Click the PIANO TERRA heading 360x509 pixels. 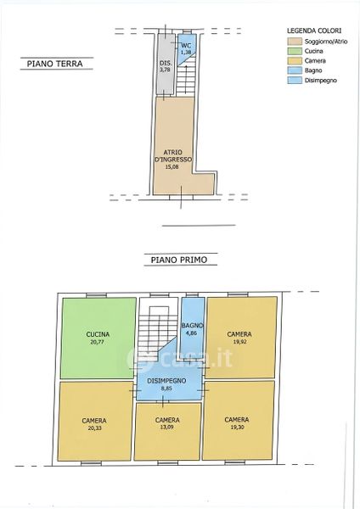(54, 64)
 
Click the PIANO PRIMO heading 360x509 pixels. (179, 260)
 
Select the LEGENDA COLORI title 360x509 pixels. (314, 31)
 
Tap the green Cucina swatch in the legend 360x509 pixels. (294, 51)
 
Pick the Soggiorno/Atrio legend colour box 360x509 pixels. (294, 42)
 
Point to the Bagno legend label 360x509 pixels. (313, 70)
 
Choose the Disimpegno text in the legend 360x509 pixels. (321, 81)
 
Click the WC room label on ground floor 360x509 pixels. (186, 46)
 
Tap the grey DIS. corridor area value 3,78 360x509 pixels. (165, 70)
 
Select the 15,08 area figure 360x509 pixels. (172, 167)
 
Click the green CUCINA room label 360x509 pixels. (98, 334)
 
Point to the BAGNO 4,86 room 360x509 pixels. (193, 328)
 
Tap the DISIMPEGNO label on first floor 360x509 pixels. (166, 381)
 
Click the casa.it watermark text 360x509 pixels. (180, 358)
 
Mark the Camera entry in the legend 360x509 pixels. (315, 61)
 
